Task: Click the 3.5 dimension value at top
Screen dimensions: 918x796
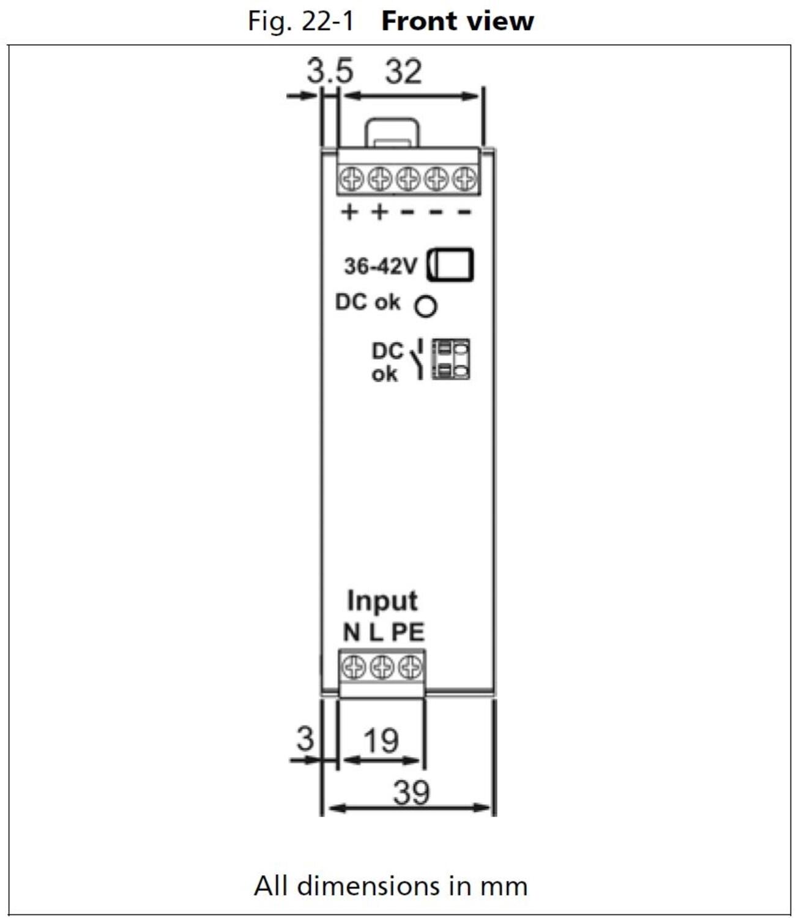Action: [x=330, y=71]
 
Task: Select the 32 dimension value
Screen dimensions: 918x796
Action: [x=403, y=71]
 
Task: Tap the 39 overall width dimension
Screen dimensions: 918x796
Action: [x=411, y=793]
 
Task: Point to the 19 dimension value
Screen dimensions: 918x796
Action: [x=381, y=741]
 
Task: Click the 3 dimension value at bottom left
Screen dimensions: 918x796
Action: [x=305, y=739]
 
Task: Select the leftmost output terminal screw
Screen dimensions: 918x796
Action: [x=352, y=179]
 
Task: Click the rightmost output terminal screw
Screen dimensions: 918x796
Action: [x=464, y=179]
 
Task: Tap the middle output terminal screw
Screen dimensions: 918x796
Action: [x=408, y=179]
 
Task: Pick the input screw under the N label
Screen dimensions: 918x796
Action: [x=353, y=666]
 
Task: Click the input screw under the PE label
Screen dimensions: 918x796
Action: [x=409, y=666]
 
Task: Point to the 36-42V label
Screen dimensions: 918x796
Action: [x=380, y=266]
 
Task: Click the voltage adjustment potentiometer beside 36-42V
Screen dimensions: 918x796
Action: [x=450, y=264]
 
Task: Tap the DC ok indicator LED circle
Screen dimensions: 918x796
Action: [x=426, y=306]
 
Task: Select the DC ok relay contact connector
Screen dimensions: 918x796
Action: [x=450, y=359]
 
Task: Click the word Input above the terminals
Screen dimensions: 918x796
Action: [x=382, y=600]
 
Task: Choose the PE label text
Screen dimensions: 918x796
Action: [x=408, y=632]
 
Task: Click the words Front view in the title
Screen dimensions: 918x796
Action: [x=457, y=21]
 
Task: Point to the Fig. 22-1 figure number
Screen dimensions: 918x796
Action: [x=300, y=21]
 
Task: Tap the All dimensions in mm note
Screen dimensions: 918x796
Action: [x=390, y=886]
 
